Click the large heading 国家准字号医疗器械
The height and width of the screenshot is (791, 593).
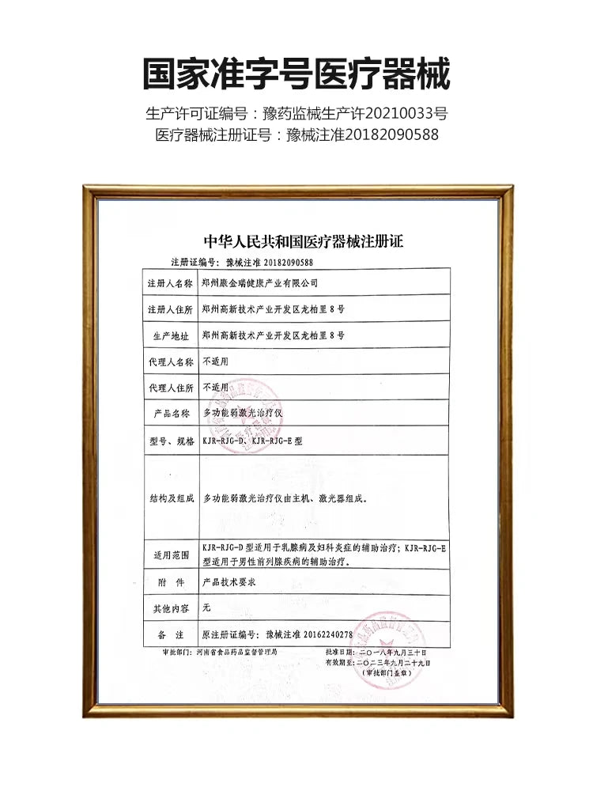point(296,74)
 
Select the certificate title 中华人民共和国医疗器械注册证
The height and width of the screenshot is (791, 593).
point(304,241)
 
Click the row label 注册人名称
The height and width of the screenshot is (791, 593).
point(169,282)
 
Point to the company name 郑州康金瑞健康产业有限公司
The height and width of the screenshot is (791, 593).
point(260,282)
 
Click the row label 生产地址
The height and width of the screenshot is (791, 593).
point(169,335)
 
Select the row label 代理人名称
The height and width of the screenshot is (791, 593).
point(169,362)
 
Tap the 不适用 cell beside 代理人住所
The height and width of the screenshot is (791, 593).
point(215,388)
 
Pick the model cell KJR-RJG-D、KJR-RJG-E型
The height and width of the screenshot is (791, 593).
point(253,441)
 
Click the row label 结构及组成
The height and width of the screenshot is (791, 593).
point(169,499)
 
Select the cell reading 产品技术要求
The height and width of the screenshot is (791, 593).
point(229,582)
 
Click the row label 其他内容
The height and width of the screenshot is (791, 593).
point(169,609)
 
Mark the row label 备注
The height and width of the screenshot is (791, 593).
point(169,635)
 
